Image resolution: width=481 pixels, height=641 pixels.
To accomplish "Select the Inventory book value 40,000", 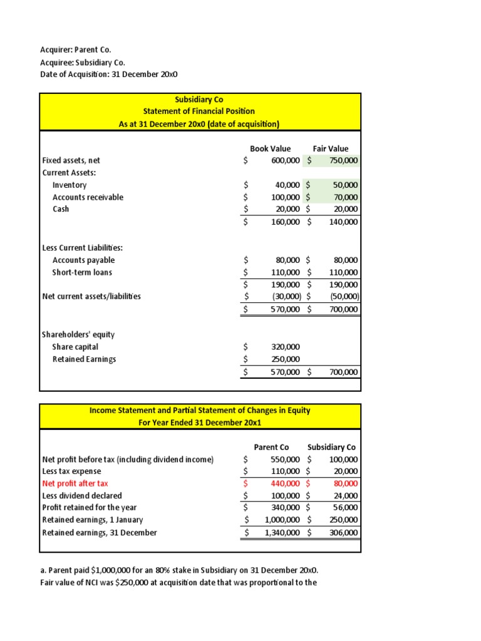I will pos(288,185).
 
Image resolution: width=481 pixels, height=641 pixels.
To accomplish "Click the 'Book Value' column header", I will pos(271,148).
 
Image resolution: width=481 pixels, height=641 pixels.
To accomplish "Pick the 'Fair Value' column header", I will pos(331,148).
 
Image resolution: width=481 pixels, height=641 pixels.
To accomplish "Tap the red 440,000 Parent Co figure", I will pos(286,483).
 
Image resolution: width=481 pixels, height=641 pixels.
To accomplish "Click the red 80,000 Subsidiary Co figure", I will pos(345,483).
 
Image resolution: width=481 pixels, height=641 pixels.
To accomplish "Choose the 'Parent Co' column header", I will pos(271,447).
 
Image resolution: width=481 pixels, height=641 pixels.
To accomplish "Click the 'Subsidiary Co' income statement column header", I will pos(331,447).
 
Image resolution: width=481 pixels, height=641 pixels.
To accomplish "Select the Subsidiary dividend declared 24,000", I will pos(346,495).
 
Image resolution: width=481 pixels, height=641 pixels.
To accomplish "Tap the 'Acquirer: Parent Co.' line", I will pos(76,49).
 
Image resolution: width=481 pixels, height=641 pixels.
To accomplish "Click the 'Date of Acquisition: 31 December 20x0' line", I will pos(110,74).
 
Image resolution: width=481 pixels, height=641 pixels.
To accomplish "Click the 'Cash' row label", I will pos(61,209).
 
